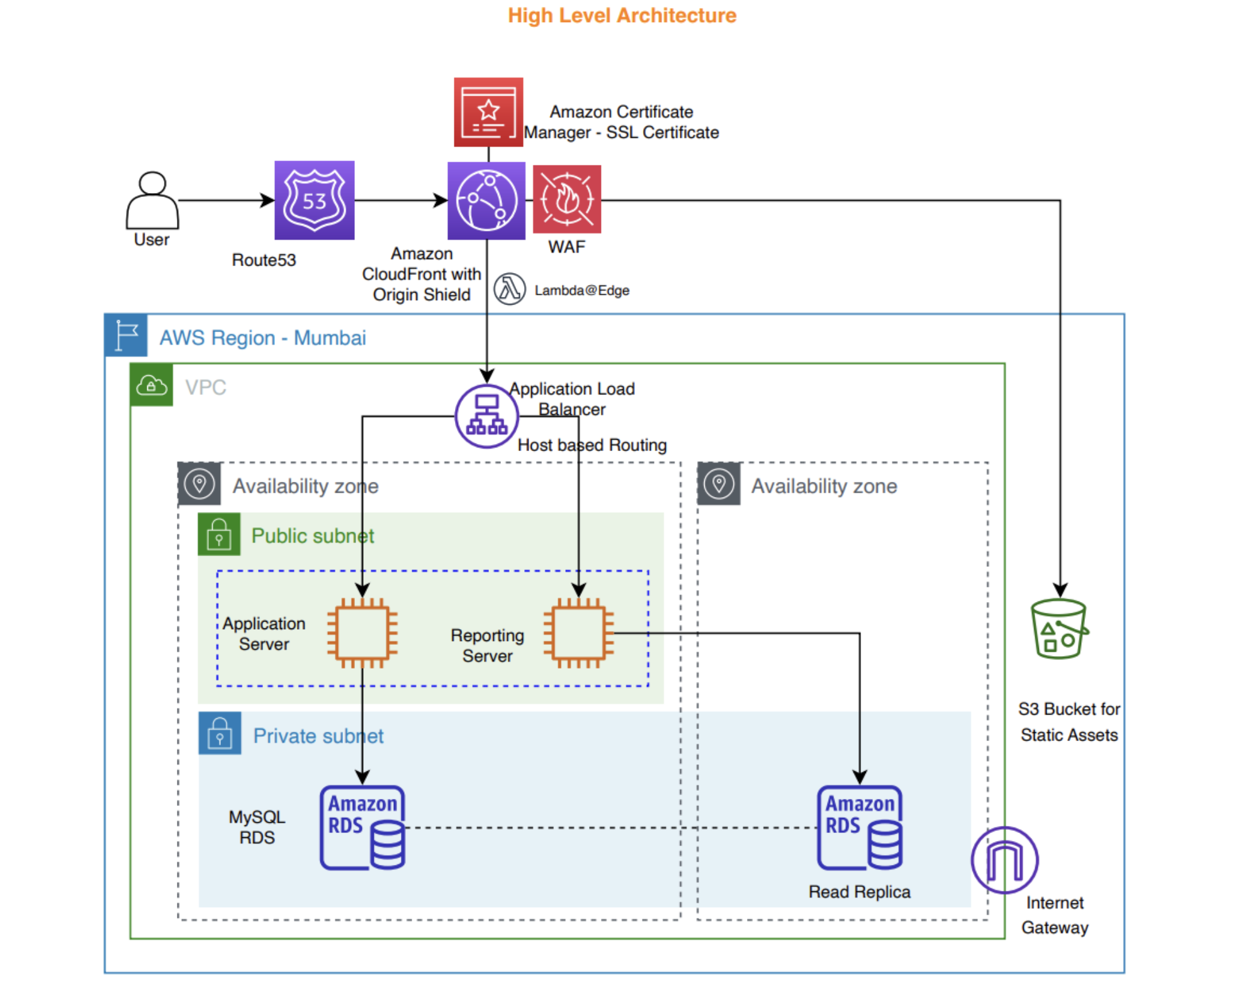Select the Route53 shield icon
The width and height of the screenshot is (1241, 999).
coord(314,200)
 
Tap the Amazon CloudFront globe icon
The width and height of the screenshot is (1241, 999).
coord(486,201)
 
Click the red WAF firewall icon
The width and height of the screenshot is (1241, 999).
coord(567,199)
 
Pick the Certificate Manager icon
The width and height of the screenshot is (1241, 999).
coord(488,112)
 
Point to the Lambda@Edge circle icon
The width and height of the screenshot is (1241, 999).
coord(509,289)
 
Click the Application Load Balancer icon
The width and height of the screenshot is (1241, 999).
coord(486,416)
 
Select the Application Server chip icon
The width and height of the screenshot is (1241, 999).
coord(362,633)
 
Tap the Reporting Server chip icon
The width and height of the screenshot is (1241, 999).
coord(578,633)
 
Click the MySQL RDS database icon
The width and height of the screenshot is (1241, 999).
coord(362,828)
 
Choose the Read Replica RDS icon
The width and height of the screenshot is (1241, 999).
coord(860,828)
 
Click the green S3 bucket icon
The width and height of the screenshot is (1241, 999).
coord(1060,629)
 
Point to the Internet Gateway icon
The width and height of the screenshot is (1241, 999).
coord(1004,860)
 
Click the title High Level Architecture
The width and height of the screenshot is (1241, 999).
coord(622,15)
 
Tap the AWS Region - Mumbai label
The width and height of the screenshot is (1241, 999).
coord(262,338)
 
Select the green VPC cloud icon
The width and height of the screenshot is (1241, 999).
coord(152,385)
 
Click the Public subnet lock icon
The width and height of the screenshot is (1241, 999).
coord(219,534)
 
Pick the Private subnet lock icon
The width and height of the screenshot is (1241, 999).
coord(220,734)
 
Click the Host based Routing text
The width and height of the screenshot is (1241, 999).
coord(592,445)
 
